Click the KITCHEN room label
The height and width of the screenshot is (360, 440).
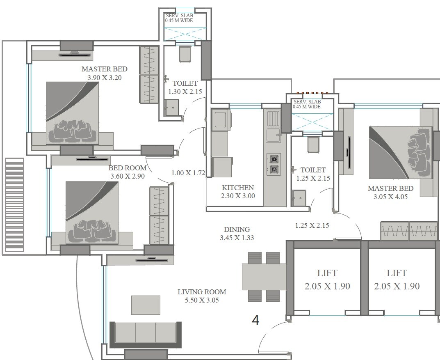(238, 188)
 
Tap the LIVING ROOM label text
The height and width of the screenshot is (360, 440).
(202, 292)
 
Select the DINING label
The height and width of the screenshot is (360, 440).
(237, 229)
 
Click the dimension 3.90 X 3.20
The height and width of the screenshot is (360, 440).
(105, 77)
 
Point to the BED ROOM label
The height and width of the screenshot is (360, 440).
(128, 168)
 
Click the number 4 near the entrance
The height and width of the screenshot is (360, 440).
(255, 321)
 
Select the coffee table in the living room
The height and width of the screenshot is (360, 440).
(146, 305)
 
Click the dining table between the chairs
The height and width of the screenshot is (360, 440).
(264, 277)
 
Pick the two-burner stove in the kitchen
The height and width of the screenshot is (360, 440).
(274, 164)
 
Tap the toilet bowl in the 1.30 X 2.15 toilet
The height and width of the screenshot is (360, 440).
(185, 54)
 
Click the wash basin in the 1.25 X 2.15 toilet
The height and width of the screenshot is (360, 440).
(298, 198)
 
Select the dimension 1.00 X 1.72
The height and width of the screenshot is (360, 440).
(188, 173)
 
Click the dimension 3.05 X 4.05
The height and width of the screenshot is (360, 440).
(390, 197)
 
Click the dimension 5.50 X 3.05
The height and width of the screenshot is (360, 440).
(202, 300)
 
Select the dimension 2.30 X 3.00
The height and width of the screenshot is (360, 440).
(238, 196)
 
